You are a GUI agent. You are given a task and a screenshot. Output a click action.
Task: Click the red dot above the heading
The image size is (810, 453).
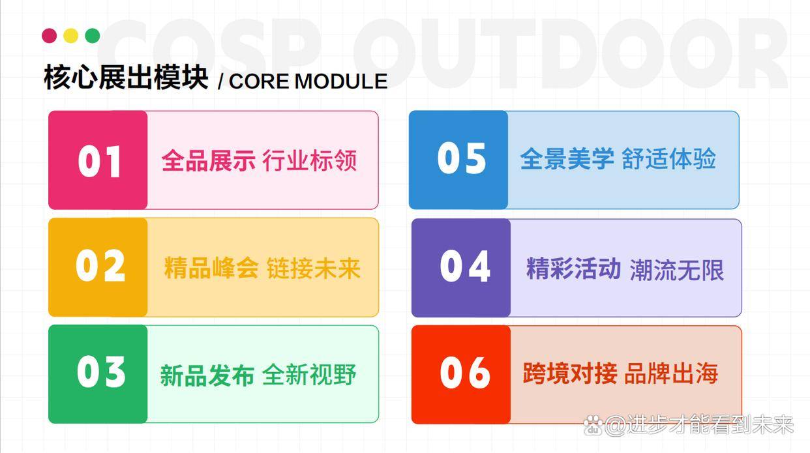coord(49,36)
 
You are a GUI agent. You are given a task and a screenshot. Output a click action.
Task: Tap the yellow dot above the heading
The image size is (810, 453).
coord(71,36)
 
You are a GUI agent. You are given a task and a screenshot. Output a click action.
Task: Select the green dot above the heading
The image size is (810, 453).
coord(92,36)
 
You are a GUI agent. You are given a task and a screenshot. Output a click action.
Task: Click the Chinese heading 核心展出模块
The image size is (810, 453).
coord(126,77)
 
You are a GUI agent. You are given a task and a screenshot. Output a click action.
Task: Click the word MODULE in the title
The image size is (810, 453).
coord(341,81)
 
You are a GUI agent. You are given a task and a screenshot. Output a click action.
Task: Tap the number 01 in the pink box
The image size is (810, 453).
coord(99,161)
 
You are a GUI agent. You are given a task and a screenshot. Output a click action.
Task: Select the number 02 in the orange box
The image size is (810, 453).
coord(100,265)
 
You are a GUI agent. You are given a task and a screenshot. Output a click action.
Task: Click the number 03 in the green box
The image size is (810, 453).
coord(101,372)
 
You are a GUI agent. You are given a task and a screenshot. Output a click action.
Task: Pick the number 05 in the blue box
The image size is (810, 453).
coord(461,158)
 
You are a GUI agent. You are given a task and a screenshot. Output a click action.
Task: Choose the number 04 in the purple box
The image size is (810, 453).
coord(465,266)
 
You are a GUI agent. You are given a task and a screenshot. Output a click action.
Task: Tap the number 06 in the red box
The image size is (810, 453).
coord(465,372)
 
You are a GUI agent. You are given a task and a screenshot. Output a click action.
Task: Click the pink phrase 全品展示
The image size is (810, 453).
coord(209,160)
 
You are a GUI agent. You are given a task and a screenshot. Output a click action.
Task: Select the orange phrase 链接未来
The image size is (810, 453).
coord(314,269)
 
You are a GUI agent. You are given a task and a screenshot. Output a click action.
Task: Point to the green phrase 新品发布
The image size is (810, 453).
coord(207,375)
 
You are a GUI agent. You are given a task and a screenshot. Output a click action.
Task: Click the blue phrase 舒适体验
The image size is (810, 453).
coord(668,158)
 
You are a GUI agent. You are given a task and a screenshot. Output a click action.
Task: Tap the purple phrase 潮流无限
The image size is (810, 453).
coord(677,270)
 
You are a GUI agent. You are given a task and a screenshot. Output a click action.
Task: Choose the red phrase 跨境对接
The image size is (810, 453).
coord(570,373)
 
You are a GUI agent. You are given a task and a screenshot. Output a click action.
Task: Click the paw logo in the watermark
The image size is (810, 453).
coord(593,425)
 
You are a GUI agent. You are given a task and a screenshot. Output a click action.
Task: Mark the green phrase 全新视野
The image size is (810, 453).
coord(309,375)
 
